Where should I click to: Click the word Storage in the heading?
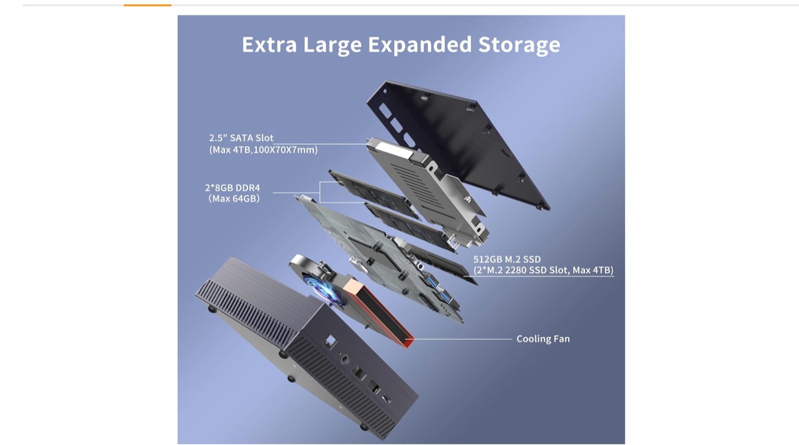pos(519,45)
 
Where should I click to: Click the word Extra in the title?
pos(269,44)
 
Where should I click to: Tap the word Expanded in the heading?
pos(419,45)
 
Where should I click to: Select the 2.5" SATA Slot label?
pos(241,138)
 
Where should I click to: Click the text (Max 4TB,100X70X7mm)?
pos(263,150)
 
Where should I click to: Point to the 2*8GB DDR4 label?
pos(232,188)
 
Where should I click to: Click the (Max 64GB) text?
pos(234,199)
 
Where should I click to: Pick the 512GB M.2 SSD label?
pos(507,259)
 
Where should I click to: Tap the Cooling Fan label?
pos(543,339)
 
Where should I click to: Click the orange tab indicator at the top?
pos(147,5)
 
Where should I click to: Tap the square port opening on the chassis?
pos(331,341)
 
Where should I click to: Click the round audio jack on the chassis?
pos(345,358)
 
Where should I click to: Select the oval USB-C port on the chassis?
pos(387,398)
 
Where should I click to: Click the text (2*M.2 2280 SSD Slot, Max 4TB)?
pos(543,270)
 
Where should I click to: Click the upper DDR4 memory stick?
pos(374,195)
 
